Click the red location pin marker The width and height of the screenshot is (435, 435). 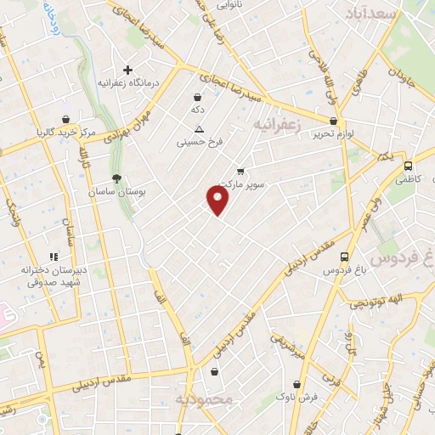[x=218, y=200]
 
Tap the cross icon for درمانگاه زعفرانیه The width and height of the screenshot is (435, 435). [x=127, y=70]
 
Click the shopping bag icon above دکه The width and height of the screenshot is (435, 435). [x=197, y=98]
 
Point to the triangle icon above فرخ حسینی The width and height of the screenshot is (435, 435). [x=199, y=129]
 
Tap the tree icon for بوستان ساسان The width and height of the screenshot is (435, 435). [x=116, y=178]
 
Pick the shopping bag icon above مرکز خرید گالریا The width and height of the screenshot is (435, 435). [x=66, y=119]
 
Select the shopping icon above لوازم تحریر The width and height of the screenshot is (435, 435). [x=332, y=121]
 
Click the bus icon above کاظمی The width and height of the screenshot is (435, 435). [x=408, y=167]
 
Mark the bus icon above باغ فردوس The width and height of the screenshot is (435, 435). [x=343, y=257]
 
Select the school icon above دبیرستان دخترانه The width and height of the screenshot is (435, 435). [x=53, y=256]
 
